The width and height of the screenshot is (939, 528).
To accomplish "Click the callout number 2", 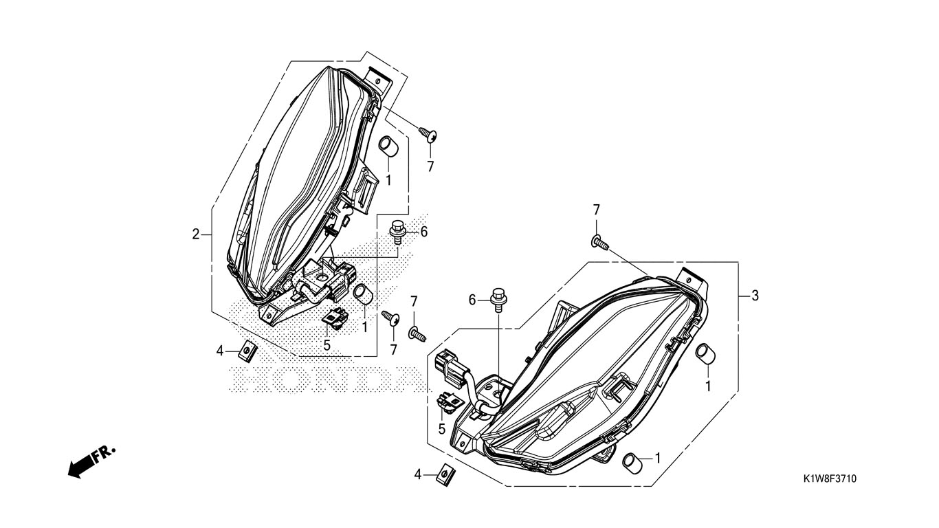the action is tap(196, 234).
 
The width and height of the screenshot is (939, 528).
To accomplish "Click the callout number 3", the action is tap(755, 296).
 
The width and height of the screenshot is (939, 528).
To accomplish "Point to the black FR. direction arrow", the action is tap(91, 462).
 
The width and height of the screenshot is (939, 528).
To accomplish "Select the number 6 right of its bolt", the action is tap(424, 232).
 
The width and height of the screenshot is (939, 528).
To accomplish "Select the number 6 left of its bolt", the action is tap(472, 300).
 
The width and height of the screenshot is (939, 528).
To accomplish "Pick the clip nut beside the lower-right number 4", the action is tap(446, 476).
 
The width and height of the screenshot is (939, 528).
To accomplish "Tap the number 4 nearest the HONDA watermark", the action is tap(220, 351).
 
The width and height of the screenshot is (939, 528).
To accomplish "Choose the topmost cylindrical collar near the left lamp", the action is tap(387, 147).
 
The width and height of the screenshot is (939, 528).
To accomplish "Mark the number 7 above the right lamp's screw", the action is tap(596, 210).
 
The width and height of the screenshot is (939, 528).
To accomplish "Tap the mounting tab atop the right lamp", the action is tap(692, 280).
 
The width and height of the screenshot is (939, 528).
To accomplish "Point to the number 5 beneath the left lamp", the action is tap(327, 345).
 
